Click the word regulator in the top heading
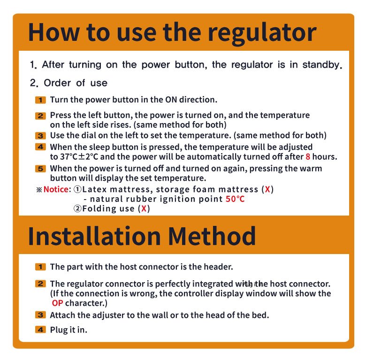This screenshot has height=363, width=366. [x=262, y=33]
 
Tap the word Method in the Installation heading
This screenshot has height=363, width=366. [x=212, y=236]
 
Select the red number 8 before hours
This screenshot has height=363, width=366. [x=308, y=156]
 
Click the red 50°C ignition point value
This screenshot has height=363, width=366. [x=235, y=199]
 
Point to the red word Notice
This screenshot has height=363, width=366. [x=56, y=189]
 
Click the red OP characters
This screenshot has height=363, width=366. [x=57, y=303]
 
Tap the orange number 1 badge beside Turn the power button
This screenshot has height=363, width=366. [x=40, y=100]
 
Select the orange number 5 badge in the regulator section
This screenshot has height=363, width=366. [x=40, y=169]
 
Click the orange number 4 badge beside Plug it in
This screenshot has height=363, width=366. [x=40, y=330]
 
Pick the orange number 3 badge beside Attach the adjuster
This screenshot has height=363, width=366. [x=40, y=315]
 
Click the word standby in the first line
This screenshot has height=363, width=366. [x=322, y=65]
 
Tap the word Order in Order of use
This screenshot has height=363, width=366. [x=57, y=83]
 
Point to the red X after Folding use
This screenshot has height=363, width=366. [x=144, y=209]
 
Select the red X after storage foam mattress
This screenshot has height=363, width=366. [x=267, y=189]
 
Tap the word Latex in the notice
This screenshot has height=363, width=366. [x=94, y=189]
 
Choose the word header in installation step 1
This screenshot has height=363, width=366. [x=218, y=267]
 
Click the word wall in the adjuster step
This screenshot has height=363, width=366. [x=160, y=315]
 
